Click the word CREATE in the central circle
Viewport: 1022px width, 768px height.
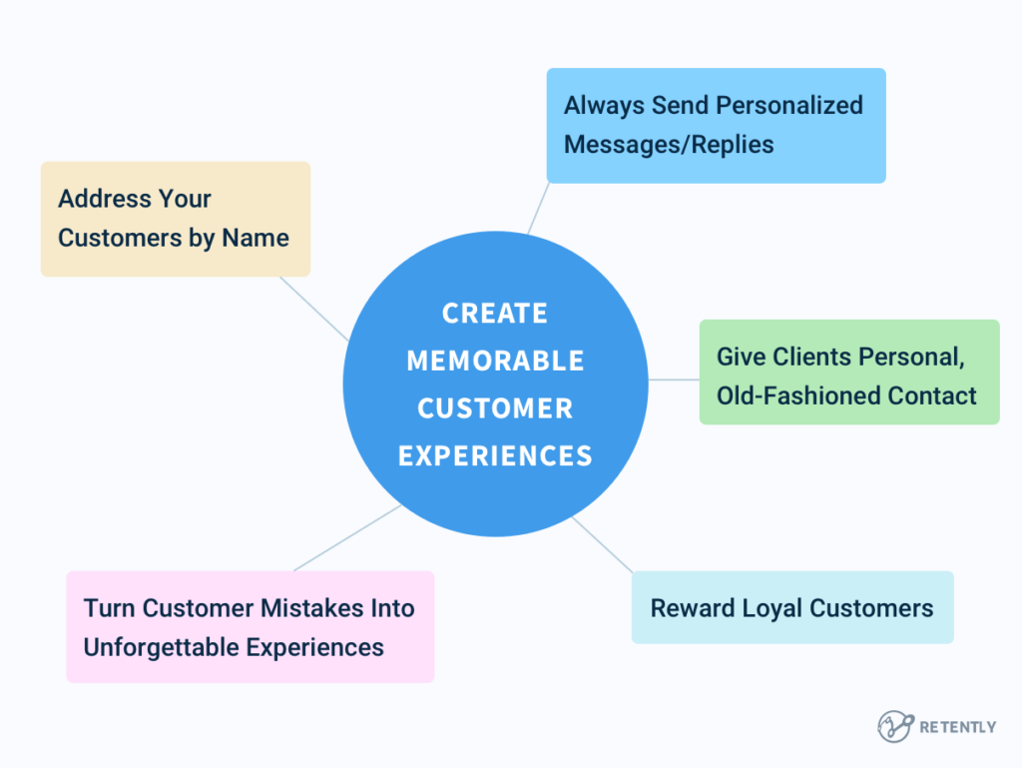495,314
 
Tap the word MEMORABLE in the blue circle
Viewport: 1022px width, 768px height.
495,361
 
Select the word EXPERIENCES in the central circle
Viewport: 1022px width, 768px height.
495,456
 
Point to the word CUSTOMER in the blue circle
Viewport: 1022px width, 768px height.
495,408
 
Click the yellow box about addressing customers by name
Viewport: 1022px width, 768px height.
175,219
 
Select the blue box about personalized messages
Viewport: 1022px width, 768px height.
716,125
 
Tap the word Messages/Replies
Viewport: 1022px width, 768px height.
669,145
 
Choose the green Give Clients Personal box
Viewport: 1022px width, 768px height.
848,373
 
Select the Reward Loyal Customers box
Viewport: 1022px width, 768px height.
791,607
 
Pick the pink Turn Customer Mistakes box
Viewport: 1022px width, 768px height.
250,627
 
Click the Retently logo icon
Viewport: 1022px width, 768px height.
894,726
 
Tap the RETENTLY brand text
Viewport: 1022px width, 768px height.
957,727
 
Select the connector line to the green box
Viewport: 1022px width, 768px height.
674,380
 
